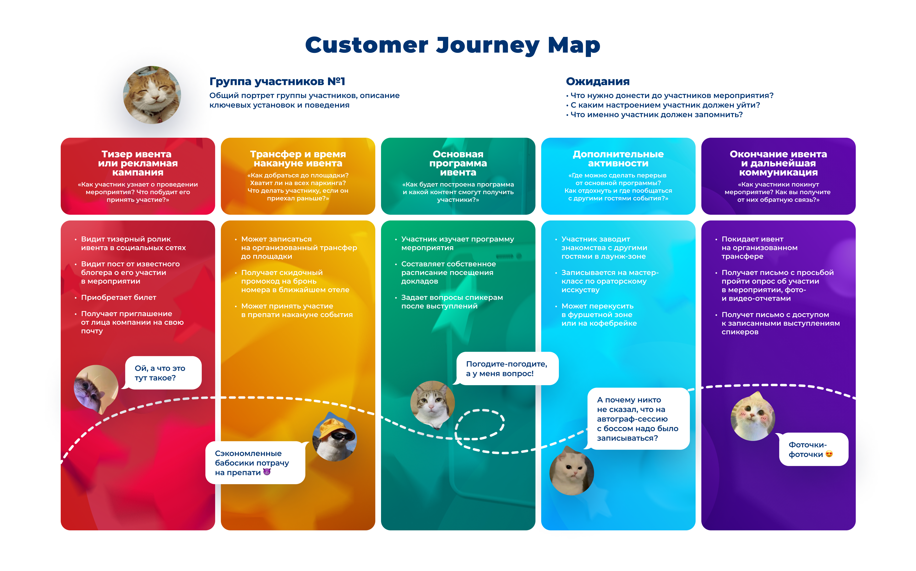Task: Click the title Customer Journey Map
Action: click(452, 45)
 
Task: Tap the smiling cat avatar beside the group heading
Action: click(152, 95)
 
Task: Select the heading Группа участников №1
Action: click(277, 82)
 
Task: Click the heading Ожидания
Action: click(597, 82)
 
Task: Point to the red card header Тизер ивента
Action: click(138, 163)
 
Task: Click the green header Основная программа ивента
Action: click(458, 163)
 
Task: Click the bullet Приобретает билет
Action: click(119, 298)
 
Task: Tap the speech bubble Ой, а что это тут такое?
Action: click(163, 373)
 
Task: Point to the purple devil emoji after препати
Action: click(267, 472)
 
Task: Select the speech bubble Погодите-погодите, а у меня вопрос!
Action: click(507, 368)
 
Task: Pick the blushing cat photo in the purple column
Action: click(752, 418)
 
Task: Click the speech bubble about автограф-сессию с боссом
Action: click(638, 419)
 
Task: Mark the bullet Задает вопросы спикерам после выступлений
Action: click(452, 302)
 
